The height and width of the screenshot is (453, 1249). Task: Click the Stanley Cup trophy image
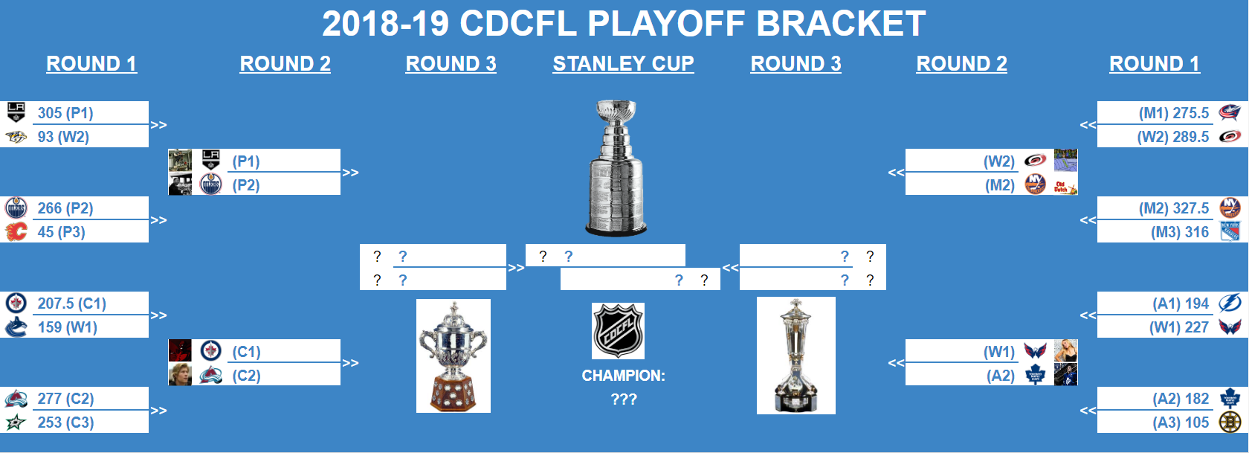[616, 168]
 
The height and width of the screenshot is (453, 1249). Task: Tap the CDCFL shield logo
[618, 331]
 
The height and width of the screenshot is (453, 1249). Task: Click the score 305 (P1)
[65, 113]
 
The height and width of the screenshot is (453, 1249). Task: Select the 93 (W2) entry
[63, 137]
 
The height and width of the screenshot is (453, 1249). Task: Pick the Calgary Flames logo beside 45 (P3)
[16, 231]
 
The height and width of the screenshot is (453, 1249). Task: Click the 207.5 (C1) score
[71, 303]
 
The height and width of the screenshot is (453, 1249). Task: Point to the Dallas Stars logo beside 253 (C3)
[16, 423]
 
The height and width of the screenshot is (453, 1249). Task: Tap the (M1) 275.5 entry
[1174, 113]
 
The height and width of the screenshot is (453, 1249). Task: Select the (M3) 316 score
[1180, 232]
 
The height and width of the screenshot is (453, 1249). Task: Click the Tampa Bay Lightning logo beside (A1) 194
[1230, 303]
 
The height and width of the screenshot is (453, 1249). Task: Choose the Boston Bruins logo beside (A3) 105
[1230, 423]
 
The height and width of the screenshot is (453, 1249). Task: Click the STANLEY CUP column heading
[623, 64]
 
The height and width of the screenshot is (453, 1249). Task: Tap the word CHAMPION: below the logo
[623, 376]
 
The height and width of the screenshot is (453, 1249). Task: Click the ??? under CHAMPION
[623, 399]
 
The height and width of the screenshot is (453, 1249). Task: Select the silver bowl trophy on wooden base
[454, 356]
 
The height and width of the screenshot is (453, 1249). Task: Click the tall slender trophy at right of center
[795, 356]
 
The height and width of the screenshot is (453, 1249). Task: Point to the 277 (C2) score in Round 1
[65, 399]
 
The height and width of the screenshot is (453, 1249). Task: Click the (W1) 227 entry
[1178, 327]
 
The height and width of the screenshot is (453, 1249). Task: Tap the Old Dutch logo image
[1065, 184]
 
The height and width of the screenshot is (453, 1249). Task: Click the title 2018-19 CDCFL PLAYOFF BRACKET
[624, 24]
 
